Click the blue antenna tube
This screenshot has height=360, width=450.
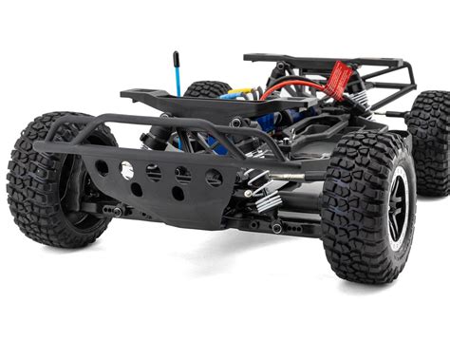(x=177, y=77)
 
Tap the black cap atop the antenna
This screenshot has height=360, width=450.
(x=176, y=56)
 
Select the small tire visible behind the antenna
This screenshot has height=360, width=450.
(x=207, y=89)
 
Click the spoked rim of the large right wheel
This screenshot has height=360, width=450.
(x=398, y=201)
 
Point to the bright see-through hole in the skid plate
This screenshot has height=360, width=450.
(x=126, y=169)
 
